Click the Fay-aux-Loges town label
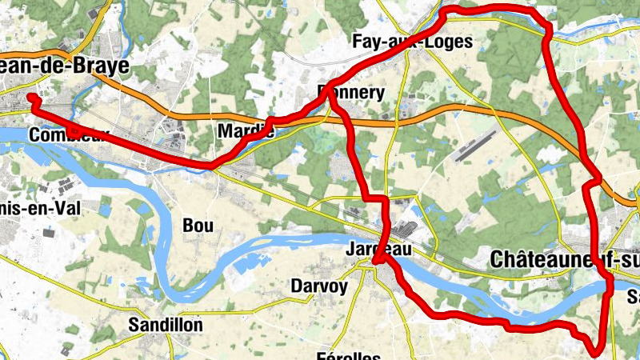[x=413, y=42]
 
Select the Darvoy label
[x=319, y=286]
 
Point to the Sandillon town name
[x=166, y=325]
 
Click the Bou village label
[x=198, y=226]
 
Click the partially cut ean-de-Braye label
[x=64, y=66]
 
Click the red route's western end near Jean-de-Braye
[x=31, y=98]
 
